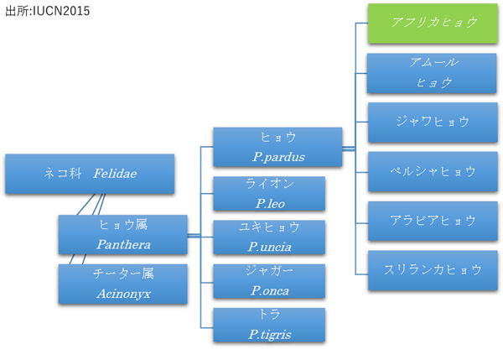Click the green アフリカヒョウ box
[433, 23]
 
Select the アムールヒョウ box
[432, 73]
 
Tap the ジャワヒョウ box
[433, 123]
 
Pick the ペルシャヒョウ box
[433, 172]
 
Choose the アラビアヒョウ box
[433, 221]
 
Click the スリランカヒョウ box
[433, 270]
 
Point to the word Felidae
[115, 174]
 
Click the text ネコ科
[63, 174]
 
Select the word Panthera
[123, 245]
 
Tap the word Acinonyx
[124, 294]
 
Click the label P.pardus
[278, 157]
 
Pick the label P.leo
[270, 204]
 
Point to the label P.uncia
[270, 247]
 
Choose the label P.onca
[270, 291]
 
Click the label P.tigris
[270, 335]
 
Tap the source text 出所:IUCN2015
[48, 11]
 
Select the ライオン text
[270, 184]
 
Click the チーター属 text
[123, 274]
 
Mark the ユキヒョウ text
[269, 227]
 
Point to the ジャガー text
[269, 271]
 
